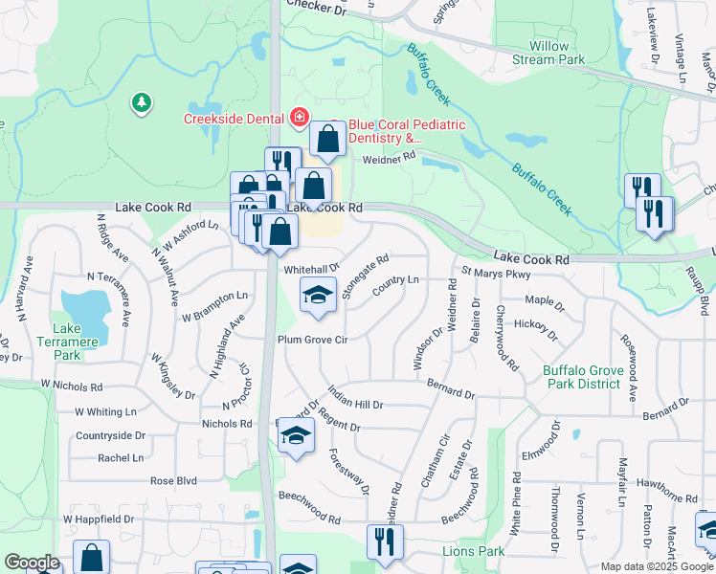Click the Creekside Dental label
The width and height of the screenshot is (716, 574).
pyautogui.click(x=235, y=119)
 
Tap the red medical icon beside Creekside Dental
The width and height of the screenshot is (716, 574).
pyautogui.click(x=300, y=118)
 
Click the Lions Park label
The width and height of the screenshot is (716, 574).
pyautogui.click(x=473, y=552)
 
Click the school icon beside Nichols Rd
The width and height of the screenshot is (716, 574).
pyautogui.click(x=296, y=436)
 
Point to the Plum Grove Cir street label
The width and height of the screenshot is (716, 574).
pyautogui.click(x=311, y=340)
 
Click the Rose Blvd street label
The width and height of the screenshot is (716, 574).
pyautogui.click(x=172, y=480)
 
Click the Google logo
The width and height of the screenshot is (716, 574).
pyautogui.click(x=32, y=563)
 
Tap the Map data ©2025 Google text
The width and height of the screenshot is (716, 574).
pyautogui.click(x=656, y=566)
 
